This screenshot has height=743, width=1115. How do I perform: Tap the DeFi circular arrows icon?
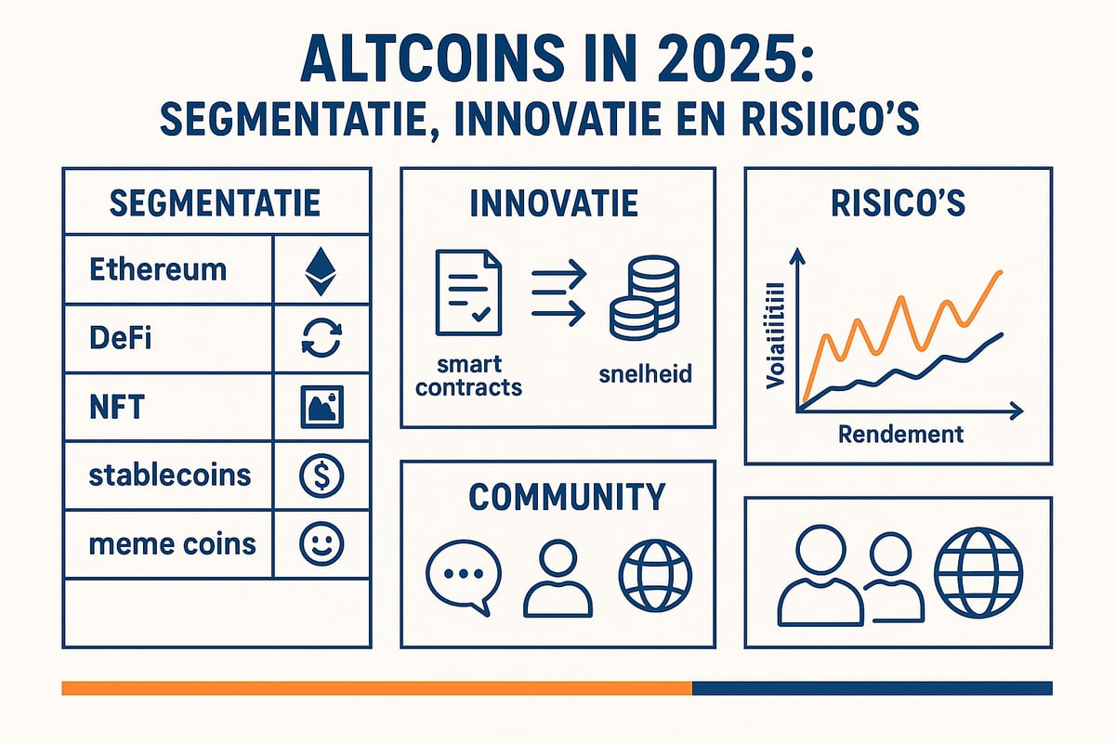(322, 338)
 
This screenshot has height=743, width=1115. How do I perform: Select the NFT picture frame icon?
(322, 407)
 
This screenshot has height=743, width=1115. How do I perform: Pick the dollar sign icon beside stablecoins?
(322, 476)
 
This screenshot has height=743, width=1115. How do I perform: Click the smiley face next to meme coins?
(322, 543)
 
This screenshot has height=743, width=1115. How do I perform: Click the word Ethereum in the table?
(158, 270)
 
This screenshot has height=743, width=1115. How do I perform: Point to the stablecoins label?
(170, 475)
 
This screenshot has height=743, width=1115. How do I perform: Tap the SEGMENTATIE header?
(215, 202)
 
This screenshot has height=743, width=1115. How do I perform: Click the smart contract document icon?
(468, 296)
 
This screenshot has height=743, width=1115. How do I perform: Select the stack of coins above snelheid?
(644, 299)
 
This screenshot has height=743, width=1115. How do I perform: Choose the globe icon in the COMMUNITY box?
(655, 575)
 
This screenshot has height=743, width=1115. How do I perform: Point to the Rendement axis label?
(900, 434)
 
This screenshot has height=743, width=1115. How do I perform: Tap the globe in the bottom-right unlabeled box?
(977, 567)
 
